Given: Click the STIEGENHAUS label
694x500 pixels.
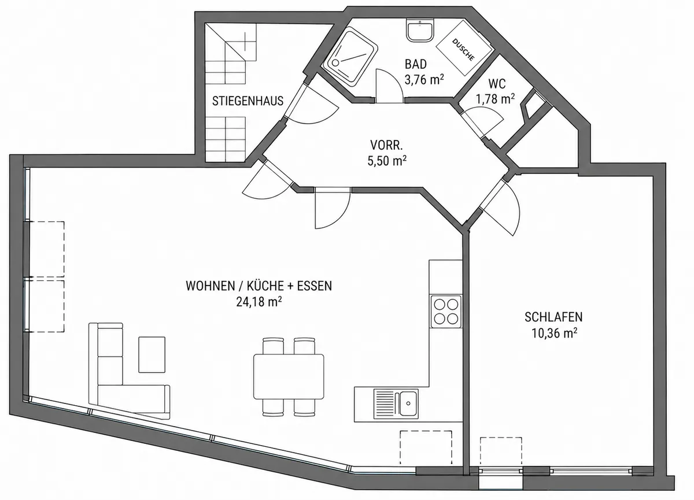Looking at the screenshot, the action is (x=248, y=101).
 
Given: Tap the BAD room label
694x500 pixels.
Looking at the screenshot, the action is (x=416, y=64).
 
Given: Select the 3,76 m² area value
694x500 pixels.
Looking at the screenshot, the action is (x=424, y=80).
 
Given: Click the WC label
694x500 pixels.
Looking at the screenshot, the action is (x=497, y=84).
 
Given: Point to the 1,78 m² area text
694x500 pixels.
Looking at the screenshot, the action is (x=496, y=99).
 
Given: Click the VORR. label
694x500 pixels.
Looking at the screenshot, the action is (x=387, y=145).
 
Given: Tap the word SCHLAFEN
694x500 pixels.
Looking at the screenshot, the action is (x=553, y=317).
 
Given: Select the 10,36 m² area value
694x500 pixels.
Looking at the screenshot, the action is (x=554, y=333).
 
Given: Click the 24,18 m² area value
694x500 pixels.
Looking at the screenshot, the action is (x=259, y=302).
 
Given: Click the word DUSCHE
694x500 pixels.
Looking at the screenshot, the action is (x=463, y=50).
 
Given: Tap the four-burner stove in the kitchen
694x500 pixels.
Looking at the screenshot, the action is (x=446, y=312).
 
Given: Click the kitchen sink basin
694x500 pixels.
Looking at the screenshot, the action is (x=408, y=403).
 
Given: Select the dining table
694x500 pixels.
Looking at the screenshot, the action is (x=289, y=377).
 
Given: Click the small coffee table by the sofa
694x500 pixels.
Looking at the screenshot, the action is (x=152, y=355).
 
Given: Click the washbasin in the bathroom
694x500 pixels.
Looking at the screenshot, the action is (x=420, y=30).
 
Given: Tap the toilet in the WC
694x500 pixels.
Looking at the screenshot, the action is (x=532, y=107).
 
